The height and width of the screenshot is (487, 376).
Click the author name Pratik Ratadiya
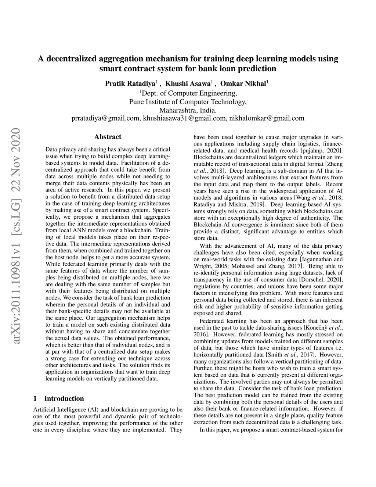[130, 84]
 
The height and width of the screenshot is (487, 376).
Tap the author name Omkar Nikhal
[243, 84]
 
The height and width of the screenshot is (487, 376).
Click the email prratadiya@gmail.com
[105, 118]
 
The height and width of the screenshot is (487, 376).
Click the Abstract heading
[108, 137]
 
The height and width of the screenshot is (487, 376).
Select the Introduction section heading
[64, 399]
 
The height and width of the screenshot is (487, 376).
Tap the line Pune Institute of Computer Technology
[188, 101]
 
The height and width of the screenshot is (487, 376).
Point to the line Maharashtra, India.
[188, 110]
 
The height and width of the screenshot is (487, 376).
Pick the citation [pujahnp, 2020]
[321, 151]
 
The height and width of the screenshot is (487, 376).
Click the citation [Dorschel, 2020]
[321, 280]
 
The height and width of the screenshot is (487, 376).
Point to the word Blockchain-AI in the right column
[212, 225]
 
